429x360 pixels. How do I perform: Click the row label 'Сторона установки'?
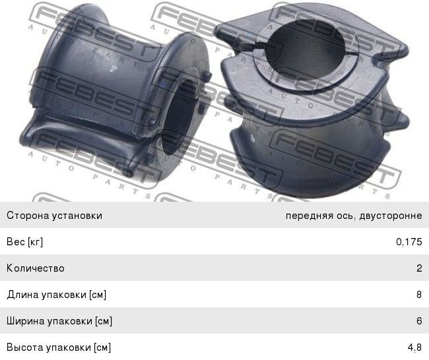(54, 216)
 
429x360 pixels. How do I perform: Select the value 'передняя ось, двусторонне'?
(354, 216)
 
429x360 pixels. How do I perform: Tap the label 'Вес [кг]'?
(24, 242)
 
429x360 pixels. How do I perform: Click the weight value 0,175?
(409, 242)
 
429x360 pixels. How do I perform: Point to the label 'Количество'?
(36, 268)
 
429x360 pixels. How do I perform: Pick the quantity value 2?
(419, 268)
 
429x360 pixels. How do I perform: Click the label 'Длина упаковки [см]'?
(56, 295)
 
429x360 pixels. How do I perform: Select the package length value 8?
(419, 295)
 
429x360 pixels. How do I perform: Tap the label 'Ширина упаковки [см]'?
(59, 321)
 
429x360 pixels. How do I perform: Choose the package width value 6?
(419, 320)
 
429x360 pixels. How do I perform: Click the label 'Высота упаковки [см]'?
(59, 347)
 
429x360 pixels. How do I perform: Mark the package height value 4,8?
(414, 347)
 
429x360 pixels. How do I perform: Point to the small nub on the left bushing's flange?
(207, 76)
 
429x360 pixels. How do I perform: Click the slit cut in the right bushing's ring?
(260, 46)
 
